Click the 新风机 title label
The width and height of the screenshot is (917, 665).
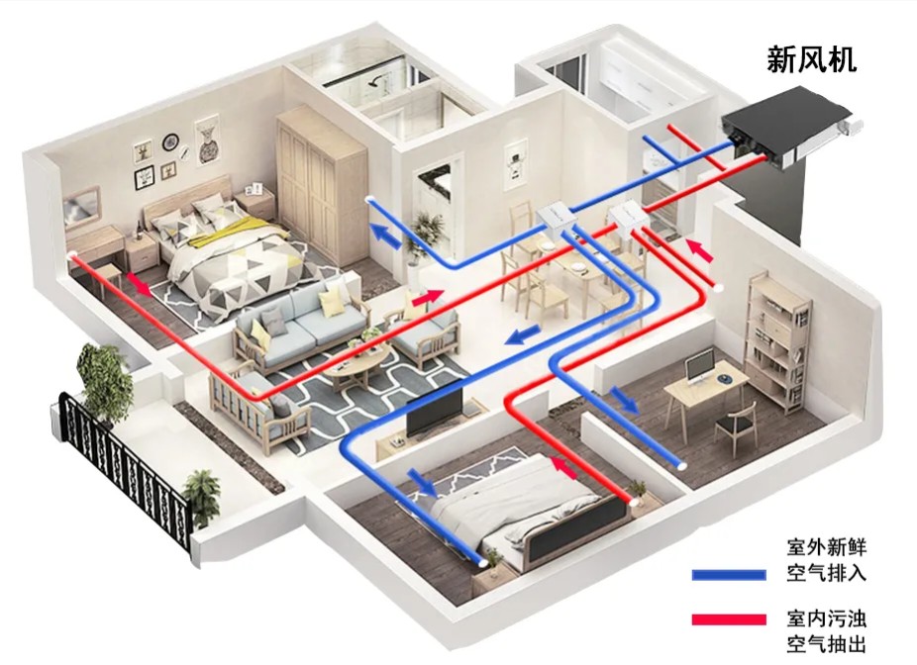[x=812, y=60]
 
